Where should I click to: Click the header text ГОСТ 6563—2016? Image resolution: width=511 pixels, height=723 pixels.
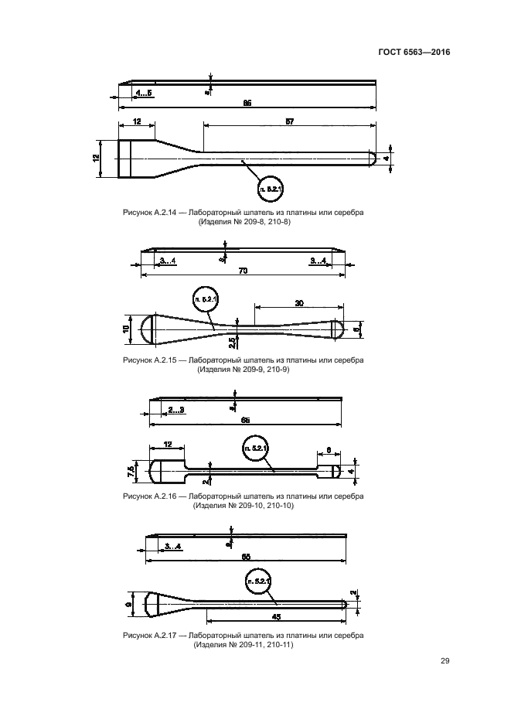[414, 53]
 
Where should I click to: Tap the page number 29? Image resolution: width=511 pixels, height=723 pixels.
[445, 660]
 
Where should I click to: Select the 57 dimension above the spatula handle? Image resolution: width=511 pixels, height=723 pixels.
[289, 121]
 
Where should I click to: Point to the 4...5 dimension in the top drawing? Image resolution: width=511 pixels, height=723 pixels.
[144, 93]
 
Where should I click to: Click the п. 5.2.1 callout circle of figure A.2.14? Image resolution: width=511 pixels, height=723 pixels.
[271, 188]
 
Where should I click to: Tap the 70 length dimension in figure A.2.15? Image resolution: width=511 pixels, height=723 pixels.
[244, 271]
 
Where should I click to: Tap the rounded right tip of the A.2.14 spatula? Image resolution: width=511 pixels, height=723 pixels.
[372, 159]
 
